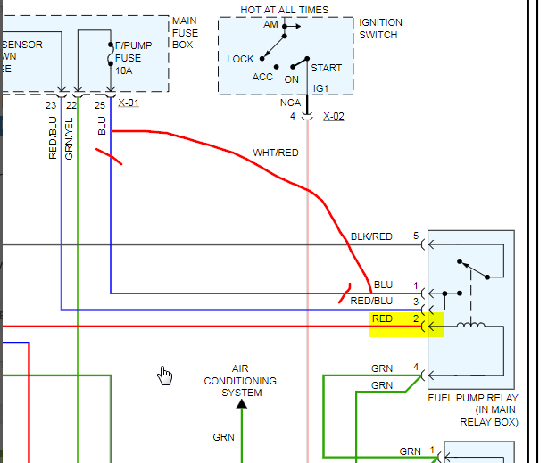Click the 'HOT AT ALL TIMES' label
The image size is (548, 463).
(x=284, y=10)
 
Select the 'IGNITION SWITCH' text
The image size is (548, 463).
(x=380, y=29)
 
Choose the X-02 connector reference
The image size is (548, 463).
(x=333, y=116)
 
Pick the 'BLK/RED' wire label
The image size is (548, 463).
(x=371, y=236)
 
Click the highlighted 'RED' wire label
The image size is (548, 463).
(x=382, y=318)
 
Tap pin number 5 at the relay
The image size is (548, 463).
(x=415, y=236)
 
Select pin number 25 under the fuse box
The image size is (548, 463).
(x=100, y=105)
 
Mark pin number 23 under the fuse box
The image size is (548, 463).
(x=51, y=105)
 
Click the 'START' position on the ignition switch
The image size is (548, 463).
(x=326, y=68)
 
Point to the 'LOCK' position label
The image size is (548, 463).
(x=240, y=59)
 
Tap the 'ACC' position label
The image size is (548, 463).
(x=262, y=77)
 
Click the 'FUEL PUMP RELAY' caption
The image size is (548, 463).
(x=471, y=398)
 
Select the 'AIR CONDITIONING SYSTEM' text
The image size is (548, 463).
(x=241, y=381)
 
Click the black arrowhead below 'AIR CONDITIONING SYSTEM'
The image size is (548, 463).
(x=241, y=405)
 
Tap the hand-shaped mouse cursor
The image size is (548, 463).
(x=164, y=375)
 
